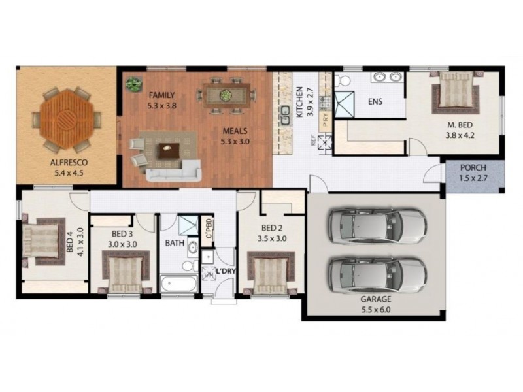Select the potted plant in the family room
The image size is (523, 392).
click(134, 84)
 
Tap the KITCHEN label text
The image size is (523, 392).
click(299, 102)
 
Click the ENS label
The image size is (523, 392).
click(375, 102)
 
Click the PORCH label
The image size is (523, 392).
click(472, 167)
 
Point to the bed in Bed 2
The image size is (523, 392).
click(269, 274)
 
